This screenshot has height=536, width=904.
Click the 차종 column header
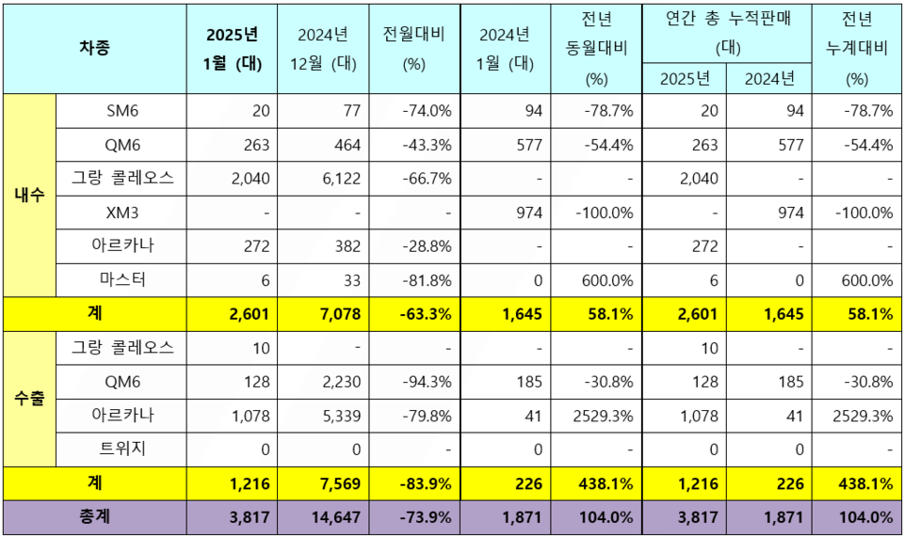94,49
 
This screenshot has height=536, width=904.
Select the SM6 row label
121,111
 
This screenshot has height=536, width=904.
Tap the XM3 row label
121,213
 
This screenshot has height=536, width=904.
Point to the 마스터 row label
121,280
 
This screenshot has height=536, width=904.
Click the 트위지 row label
121,449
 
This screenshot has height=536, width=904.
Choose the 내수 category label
30,196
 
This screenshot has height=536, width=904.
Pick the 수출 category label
30,399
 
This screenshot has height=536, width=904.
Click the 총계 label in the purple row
94,516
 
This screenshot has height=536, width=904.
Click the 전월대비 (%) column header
414,49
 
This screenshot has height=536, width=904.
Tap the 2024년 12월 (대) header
323,49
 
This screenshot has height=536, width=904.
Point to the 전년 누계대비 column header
856,49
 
